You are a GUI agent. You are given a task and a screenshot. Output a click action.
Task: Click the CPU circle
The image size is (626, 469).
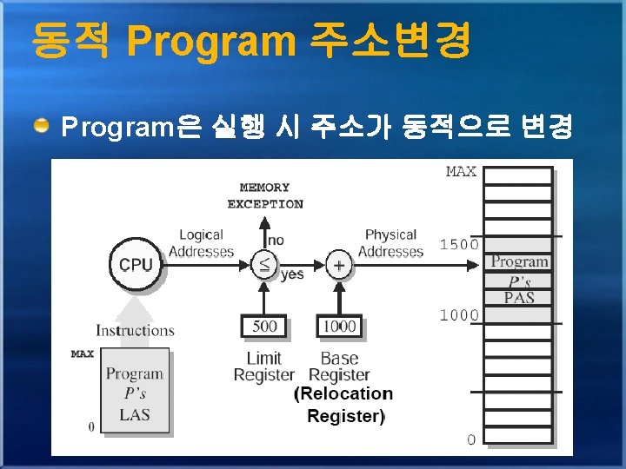[135, 263]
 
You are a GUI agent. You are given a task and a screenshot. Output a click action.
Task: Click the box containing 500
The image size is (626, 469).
[264, 327]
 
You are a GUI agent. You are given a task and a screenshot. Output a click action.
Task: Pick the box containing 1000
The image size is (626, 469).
[339, 327]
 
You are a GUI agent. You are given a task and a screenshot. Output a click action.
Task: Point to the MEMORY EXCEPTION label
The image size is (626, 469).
[265, 195]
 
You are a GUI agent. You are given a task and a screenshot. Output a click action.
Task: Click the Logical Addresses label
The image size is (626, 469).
[201, 243]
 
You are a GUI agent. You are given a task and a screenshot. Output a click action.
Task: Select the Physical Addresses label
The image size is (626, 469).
[390, 243]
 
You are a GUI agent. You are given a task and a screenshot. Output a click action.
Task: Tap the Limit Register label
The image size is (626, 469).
[263, 367]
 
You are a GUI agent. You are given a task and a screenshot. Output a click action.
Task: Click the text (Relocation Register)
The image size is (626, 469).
[343, 405]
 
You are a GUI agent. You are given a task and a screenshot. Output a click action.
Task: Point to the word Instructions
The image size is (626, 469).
[135, 330]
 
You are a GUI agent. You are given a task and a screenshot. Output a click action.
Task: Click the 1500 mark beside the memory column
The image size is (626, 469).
[458, 244]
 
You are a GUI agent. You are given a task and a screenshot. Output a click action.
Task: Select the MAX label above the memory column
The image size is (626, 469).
[461, 171]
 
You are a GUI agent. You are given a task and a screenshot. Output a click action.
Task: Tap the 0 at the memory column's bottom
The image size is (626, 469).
[470, 439]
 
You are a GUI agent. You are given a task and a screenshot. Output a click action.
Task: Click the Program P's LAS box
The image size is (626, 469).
[135, 393]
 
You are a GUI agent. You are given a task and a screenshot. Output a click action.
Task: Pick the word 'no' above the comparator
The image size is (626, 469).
[275, 240]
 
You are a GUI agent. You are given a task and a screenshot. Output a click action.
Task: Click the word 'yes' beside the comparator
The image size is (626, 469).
[292, 274]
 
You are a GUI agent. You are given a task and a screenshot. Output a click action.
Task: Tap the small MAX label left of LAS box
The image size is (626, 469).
[82, 354]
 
